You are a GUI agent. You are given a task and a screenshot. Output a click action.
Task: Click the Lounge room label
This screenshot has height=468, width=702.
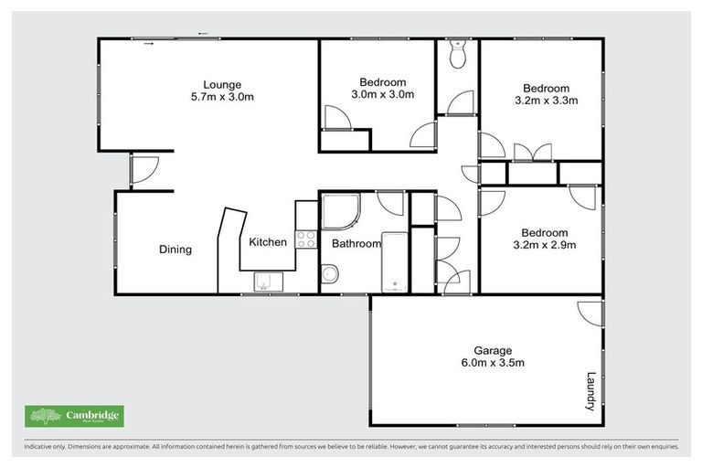pos(221,80)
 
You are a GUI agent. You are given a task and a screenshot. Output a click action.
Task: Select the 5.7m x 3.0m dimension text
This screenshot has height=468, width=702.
pos(221,95)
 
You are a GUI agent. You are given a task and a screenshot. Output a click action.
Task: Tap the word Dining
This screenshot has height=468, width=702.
pos(175,249)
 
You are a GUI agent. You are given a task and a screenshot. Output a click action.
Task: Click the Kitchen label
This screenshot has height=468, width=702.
pos(268,242)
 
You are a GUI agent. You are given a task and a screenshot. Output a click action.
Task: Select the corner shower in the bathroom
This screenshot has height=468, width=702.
pos(339,211)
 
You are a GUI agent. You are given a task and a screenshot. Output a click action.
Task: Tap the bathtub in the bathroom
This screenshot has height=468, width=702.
pos(394,261)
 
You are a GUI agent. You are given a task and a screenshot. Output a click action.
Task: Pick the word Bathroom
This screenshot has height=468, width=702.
pos(356,244)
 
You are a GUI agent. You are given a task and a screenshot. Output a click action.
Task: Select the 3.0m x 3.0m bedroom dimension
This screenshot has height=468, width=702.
pos(382,94)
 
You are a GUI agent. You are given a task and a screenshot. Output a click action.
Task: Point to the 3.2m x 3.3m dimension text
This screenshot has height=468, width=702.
pos(547,101)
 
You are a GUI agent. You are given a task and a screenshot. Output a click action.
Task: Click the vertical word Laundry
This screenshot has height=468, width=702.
pos(590,390)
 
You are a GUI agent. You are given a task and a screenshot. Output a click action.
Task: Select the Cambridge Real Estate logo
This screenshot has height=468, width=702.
pos(74,416)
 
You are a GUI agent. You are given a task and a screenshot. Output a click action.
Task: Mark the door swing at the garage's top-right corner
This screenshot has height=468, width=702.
pos(590,313)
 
